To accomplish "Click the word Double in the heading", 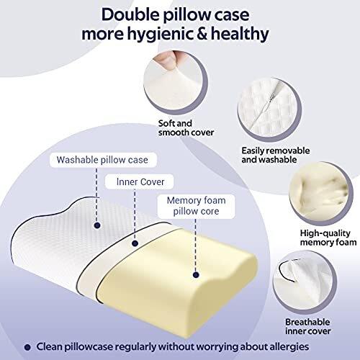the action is coord(130,15).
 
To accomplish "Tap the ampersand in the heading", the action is coord(202,34).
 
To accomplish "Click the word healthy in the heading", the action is coord(240,35).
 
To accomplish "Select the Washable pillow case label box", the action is coord(103,160).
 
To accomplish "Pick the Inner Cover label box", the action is coord(140,181).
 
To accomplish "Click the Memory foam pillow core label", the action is coord(196,206).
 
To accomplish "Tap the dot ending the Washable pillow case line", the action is coord(97,225).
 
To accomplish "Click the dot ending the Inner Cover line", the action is coord(135,243).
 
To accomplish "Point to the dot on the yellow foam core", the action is coord(196,275).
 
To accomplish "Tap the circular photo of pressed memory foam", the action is coord(321,192).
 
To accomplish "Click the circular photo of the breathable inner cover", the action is coord(305,282).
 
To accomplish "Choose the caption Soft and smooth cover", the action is coord(186,128).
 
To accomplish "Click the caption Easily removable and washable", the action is coord(276,155).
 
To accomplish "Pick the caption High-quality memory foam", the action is coord(328,238).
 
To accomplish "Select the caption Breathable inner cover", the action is coord(308,326).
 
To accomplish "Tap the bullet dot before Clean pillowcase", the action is coord(28,347).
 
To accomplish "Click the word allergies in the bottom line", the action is coord(287,347).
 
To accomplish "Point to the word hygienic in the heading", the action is coord(161,35).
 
